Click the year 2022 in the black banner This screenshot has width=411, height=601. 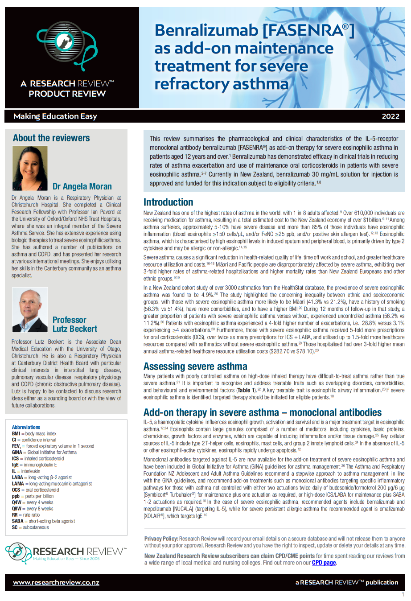[x=390, y=116]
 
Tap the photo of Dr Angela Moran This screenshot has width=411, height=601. [x=30, y=169]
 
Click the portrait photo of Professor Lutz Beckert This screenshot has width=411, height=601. [x=30, y=310]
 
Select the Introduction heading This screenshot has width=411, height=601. [x=168, y=202]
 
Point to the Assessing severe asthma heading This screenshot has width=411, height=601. [x=195, y=366]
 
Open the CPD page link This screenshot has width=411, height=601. [x=324, y=563]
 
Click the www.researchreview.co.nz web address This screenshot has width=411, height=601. [x=56, y=582]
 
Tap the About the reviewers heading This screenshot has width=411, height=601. [x=51, y=138]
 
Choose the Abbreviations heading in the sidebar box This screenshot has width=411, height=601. [x=26, y=427]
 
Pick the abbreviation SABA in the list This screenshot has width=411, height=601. [x=17, y=521]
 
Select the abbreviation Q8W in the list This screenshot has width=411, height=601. [x=16, y=508]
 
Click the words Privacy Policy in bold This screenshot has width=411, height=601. [x=161, y=539]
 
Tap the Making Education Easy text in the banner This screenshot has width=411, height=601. [x=55, y=116]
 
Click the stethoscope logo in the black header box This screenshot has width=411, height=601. [x=66, y=47]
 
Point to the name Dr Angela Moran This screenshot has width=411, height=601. [x=82, y=186]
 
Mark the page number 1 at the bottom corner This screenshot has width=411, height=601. [x=403, y=594]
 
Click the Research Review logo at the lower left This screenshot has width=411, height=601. [x=66, y=552]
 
